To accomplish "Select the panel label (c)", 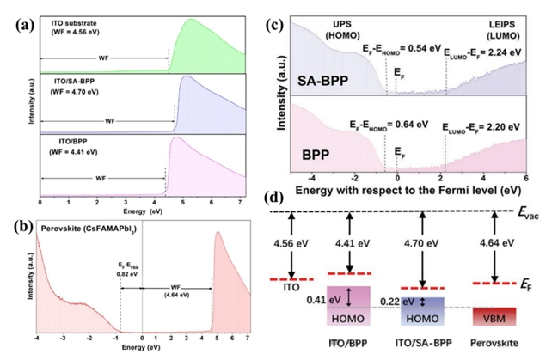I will (276, 21).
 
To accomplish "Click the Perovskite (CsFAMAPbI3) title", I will (83, 229).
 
